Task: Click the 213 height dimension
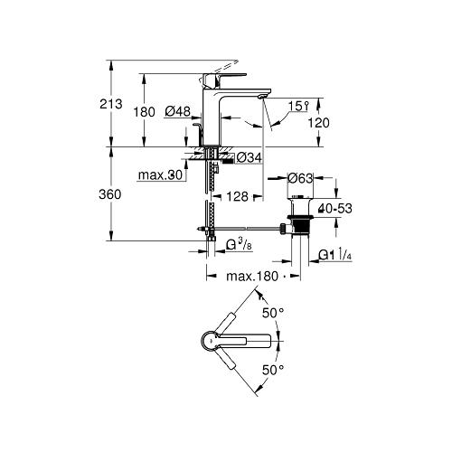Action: click(x=111, y=104)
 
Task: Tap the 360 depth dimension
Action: click(x=111, y=193)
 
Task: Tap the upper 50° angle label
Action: click(x=272, y=312)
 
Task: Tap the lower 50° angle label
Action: click(x=272, y=370)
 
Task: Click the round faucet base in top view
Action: click(x=209, y=340)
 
